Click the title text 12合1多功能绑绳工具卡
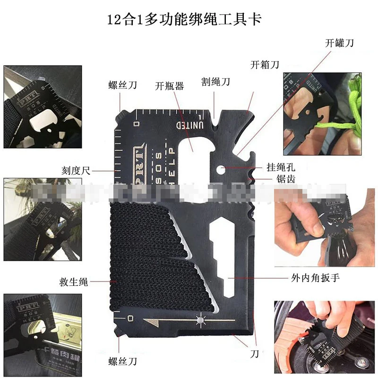coord(185,20)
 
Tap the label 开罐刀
coord(339,43)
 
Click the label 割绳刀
coord(215,82)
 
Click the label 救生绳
coord(74,283)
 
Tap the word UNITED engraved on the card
coord(190,125)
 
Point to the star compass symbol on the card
coord(200,321)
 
